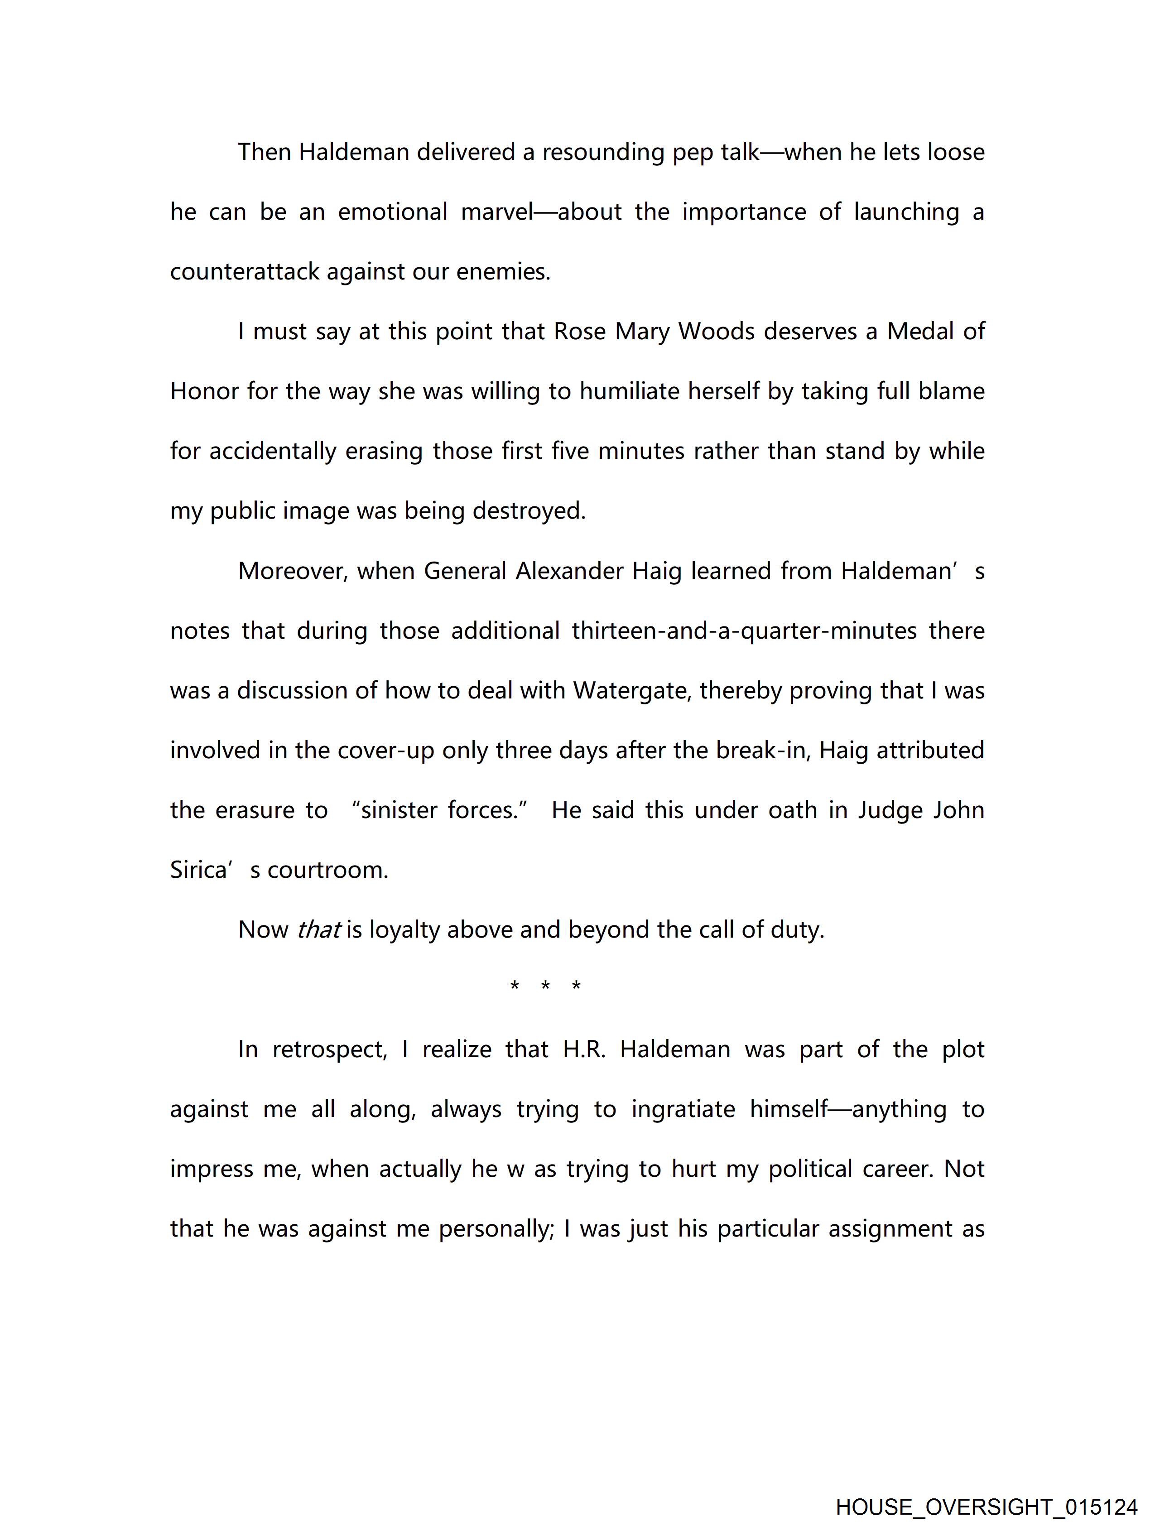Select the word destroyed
pyautogui.click(x=529, y=511)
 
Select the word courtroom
pyautogui.click(x=328, y=871)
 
